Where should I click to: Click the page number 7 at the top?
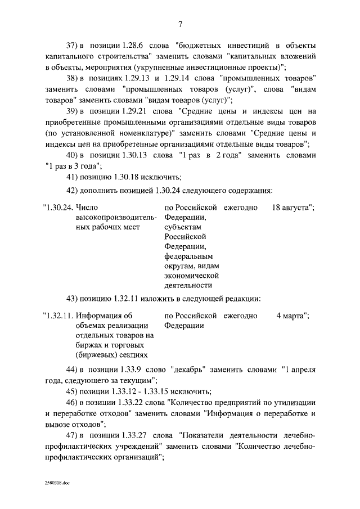click(180, 24)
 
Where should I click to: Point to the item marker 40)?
click(74, 154)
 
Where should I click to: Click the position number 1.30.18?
click(125, 176)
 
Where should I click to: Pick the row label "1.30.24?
click(57, 207)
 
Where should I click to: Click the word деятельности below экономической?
click(191, 285)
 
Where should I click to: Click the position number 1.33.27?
click(137, 436)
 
